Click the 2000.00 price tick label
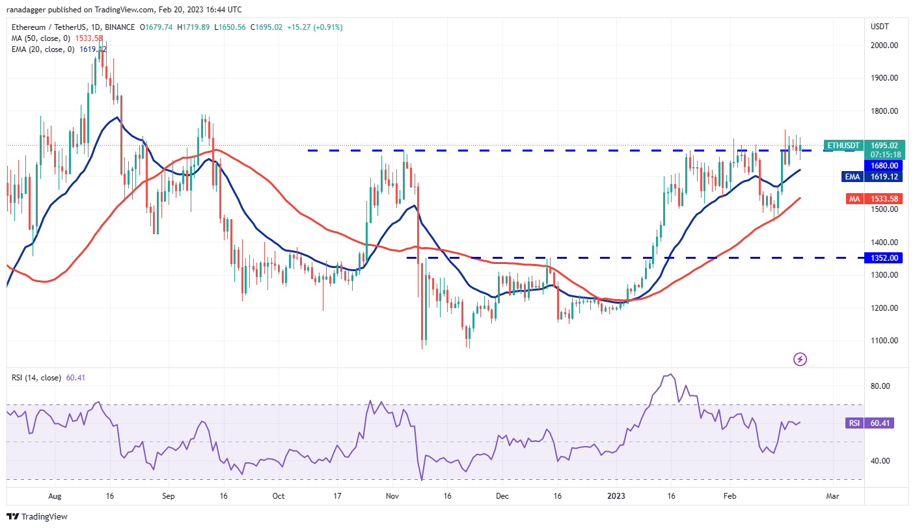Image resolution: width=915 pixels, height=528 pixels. tap(884, 46)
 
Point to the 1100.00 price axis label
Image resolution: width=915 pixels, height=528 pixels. tap(884, 341)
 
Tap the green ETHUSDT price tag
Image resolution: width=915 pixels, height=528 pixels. tap(843, 145)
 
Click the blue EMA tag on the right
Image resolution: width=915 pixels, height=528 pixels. tap(853, 177)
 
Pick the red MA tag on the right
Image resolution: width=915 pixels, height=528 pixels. tap(854, 199)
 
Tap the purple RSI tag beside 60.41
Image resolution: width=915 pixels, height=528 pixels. tap(854, 423)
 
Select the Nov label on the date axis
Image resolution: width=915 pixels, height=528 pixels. tap(392, 496)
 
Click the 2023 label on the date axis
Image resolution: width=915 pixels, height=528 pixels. tap(616, 496)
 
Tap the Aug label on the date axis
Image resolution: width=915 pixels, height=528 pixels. tap(54, 496)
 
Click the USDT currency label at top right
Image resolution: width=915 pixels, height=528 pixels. tap(881, 27)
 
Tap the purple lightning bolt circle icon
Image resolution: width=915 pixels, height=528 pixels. tap(800, 359)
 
